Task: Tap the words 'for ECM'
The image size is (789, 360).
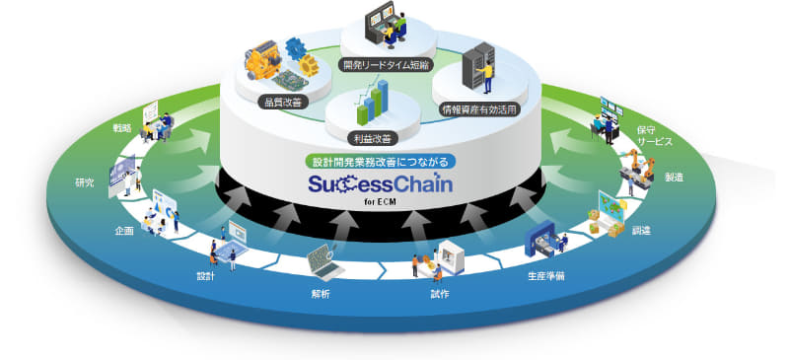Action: pyautogui.click(x=394, y=204)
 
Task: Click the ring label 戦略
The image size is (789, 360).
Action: pyautogui.click(x=125, y=130)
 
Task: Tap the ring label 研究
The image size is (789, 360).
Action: pyautogui.click(x=86, y=183)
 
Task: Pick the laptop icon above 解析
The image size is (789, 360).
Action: pyautogui.click(x=321, y=261)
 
